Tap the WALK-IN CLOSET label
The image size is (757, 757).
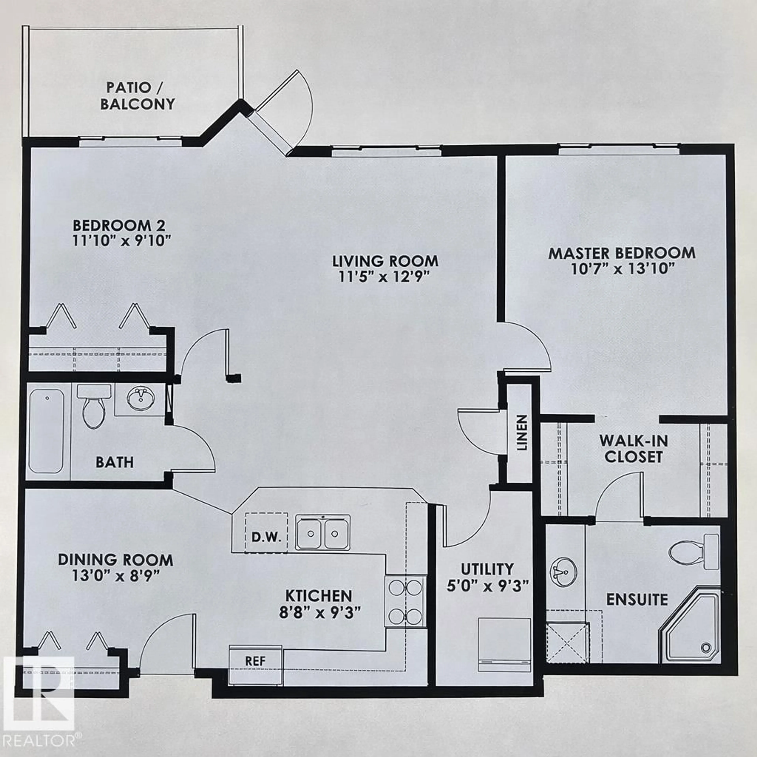point(633,449)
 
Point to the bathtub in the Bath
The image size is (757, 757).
point(46,431)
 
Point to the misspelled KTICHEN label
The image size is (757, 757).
point(319,596)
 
